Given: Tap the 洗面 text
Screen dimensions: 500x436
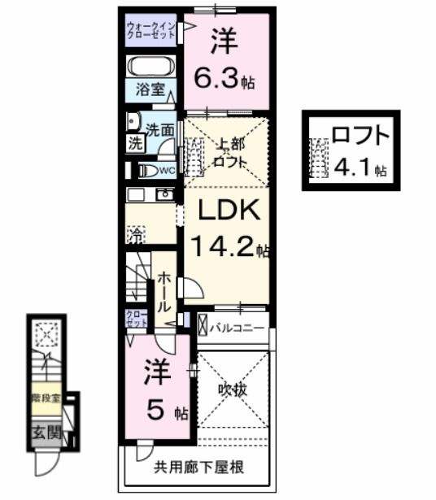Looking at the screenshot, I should pos(160,128).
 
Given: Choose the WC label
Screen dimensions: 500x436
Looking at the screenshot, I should pos(166,170).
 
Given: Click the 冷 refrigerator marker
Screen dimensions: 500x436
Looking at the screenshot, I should pos(135,237).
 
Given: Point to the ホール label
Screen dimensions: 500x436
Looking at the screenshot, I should pos(163,293).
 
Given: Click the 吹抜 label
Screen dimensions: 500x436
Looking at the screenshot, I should pos(232,389).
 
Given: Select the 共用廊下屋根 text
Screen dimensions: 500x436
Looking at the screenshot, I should pos(199,467).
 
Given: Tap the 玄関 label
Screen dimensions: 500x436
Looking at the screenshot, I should pos(47,432).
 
